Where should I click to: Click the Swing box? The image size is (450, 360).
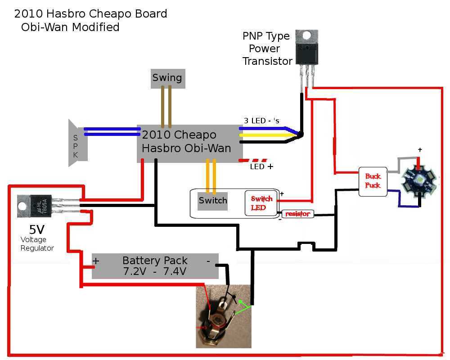(x=167, y=78)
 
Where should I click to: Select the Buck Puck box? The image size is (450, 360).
(x=373, y=182)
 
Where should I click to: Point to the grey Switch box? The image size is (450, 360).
(x=213, y=200)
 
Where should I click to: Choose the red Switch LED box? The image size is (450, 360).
(x=261, y=203)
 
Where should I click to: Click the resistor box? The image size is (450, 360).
(x=297, y=214)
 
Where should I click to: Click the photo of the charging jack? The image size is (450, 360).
(x=223, y=316)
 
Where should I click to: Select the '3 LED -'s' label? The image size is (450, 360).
(x=261, y=121)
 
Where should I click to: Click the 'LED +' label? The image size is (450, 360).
(x=261, y=167)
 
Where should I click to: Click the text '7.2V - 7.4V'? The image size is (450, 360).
(x=155, y=271)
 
